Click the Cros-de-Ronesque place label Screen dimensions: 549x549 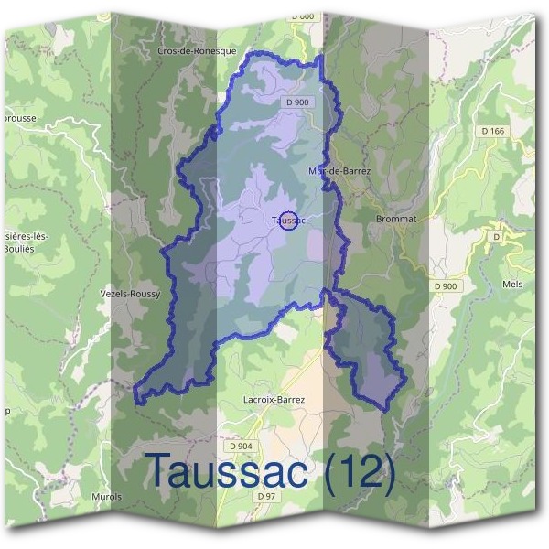click(x=197, y=52)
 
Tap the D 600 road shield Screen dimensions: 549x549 click(x=303, y=16)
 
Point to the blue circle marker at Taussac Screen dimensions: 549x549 click(x=287, y=221)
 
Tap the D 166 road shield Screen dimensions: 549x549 click(x=492, y=132)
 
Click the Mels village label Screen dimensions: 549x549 click(x=511, y=285)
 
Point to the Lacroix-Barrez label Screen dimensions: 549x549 click(x=274, y=400)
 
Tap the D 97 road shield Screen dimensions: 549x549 click(x=266, y=495)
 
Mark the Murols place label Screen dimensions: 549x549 click(x=106, y=497)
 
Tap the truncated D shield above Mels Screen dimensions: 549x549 click(x=497, y=236)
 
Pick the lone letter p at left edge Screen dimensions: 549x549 click(x=7, y=412)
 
